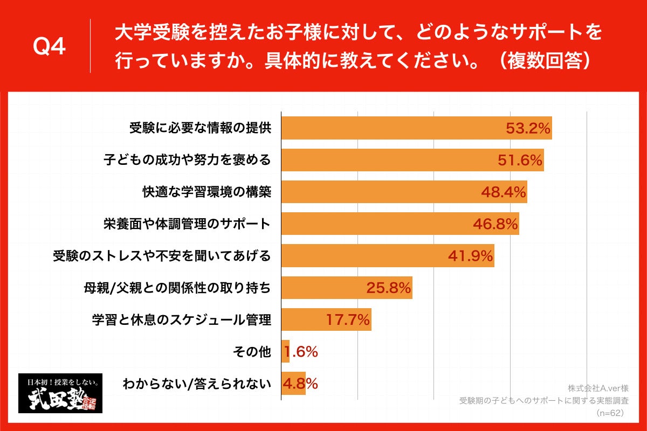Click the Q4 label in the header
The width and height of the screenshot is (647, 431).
pyautogui.click(x=49, y=47)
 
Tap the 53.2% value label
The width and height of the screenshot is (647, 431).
pyautogui.click(x=528, y=128)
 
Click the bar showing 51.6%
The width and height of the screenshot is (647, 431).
pyautogui.click(x=388, y=160)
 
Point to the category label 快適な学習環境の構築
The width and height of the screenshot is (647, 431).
pyautogui.click(x=206, y=192)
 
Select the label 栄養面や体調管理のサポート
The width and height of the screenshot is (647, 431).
pyautogui.click(x=187, y=224)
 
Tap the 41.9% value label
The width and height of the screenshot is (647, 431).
pyautogui.click(x=471, y=256)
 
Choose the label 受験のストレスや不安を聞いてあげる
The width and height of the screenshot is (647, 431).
pyautogui.click(x=161, y=256)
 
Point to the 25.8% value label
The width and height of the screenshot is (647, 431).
pyautogui.click(x=389, y=288)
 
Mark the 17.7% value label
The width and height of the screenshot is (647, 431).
pyautogui.click(x=348, y=320)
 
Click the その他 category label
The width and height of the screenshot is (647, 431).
pyautogui.click(x=251, y=352)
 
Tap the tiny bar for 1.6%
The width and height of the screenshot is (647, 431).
pyautogui.click(x=285, y=351)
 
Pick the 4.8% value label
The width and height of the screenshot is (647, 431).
pyautogui.click(x=301, y=384)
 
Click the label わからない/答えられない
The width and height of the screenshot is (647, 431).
pyautogui.click(x=196, y=384)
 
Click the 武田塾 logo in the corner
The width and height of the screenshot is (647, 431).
pyautogui.click(x=60, y=393)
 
